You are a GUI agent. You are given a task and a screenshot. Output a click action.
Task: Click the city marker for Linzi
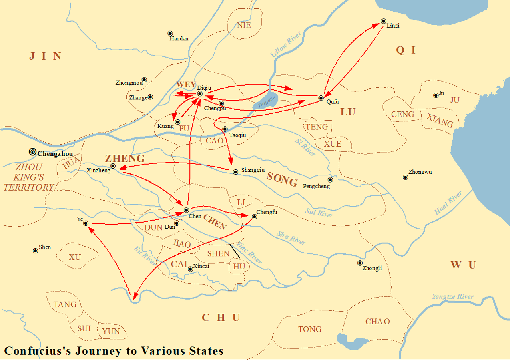[383, 21]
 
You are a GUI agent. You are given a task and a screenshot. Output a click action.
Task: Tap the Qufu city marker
[321, 98]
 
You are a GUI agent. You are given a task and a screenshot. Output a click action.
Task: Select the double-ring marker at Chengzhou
[32, 152]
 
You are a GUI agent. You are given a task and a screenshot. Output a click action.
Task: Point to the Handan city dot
[170, 33]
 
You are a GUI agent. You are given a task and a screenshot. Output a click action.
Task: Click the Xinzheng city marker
[113, 166]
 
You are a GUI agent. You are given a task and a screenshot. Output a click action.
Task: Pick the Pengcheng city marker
[330, 180]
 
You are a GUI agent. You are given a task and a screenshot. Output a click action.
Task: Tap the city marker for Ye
[86, 223]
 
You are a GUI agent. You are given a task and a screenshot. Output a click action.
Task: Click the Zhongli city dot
[360, 263]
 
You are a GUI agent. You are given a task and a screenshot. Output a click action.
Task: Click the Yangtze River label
[452, 297]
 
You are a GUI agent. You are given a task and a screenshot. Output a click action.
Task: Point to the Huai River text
[448, 203]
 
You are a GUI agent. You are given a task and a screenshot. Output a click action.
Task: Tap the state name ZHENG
[125, 159]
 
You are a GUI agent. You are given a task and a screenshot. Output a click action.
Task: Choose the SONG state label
[282, 179]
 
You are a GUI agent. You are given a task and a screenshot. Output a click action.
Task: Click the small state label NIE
[244, 25]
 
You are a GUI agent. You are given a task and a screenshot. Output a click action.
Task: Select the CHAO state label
[377, 322]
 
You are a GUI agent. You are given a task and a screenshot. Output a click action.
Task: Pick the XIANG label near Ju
[440, 120]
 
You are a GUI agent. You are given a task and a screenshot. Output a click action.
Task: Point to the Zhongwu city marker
[405, 177]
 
